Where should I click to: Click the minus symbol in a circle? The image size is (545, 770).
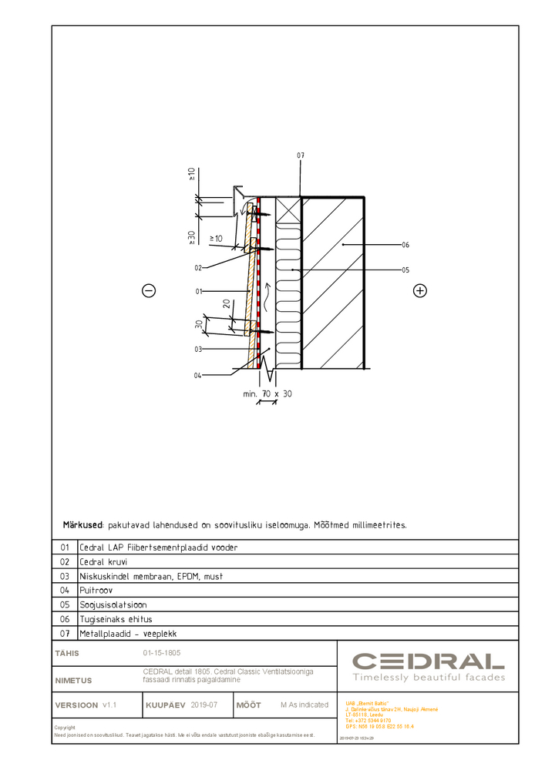[x=149, y=290]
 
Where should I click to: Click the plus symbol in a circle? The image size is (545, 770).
[x=419, y=290]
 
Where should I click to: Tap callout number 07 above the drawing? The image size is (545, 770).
[x=301, y=156]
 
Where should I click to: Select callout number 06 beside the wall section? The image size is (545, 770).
[x=405, y=245]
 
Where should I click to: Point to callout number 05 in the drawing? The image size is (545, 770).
[x=405, y=270]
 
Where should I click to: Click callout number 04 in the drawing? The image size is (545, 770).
[x=198, y=375]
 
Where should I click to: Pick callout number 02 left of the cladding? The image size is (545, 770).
[x=198, y=268]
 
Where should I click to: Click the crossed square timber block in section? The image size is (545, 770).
[x=288, y=208]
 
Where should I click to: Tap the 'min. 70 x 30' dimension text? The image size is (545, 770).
[x=267, y=393]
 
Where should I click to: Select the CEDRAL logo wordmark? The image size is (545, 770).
[x=429, y=661]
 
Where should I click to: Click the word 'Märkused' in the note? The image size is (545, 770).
[x=82, y=524]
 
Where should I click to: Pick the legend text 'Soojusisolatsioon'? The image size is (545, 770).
[x=113, y=604]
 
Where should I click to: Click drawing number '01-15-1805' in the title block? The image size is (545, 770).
[x=162, y=653]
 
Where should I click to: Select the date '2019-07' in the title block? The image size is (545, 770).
[x=204, y=705]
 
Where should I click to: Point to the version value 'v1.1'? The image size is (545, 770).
[x=109, y=705]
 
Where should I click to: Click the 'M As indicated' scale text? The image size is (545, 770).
[x=304, y=705]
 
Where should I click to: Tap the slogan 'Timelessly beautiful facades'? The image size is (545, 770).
[x=429, y=678]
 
